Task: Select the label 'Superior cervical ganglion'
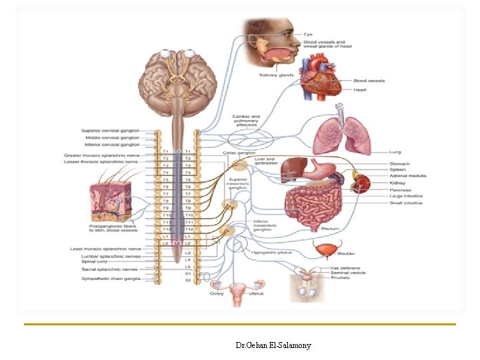pos(110,130)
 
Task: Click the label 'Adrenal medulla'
pos(408,176)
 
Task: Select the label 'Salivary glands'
pos(277,75)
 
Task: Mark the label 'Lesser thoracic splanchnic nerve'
pos(101,161)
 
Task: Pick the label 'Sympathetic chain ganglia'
pos(111,279)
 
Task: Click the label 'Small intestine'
pos(406,203)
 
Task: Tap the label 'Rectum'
pos(331,229)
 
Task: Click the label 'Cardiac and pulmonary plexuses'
pos(246,119)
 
